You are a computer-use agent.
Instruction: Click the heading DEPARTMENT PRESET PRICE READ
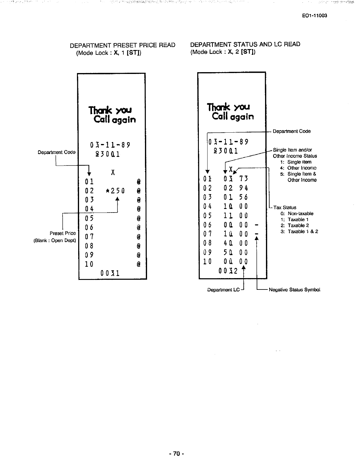pos(122,45)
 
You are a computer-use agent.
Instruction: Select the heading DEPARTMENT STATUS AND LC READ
pos(245,44)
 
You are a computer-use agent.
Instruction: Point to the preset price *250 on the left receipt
pos(115,191)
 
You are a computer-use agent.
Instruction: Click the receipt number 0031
pos(110,273)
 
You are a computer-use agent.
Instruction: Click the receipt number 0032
pos(228,271)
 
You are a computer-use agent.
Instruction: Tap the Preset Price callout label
pos(63,233)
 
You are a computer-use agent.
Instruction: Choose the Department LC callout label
pos(224,290)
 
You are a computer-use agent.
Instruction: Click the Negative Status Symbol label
pos(294,290)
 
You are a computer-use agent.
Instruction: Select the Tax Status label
pos(285,207)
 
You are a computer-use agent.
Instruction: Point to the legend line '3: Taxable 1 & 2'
pos(299,231)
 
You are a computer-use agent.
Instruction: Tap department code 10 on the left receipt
pos(89,264)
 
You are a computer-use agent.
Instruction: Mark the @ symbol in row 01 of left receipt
pos(138,182)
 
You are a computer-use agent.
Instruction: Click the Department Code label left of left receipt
pos(57,152)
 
